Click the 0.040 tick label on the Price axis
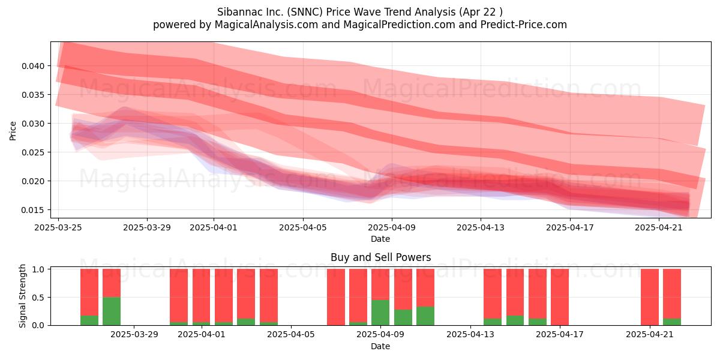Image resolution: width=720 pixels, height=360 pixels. (x=33, y=66)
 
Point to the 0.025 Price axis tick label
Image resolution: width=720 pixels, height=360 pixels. (x=33, y=152)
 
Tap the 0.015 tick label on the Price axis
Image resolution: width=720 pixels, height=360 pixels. (x=33, y=210)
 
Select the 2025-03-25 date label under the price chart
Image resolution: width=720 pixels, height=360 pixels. (x=58, y=227)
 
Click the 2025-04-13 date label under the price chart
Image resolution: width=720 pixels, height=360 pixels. (x=481, y=227)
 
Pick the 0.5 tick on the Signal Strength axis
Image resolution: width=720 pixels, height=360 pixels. (x=39, y=298)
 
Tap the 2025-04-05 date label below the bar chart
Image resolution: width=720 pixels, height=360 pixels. (x=291, y=334)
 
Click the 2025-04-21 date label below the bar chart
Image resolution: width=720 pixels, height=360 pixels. (x=650, y=334)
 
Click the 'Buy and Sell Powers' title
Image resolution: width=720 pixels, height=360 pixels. (x=380, y=257)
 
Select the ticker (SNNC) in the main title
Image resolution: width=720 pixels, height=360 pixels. (x=305, y=12)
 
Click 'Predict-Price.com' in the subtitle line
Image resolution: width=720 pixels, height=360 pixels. (x=523, y=25)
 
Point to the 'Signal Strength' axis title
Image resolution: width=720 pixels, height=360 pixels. (x=22, y=296)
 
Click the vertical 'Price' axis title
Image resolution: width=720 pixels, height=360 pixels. (x=13, y=131)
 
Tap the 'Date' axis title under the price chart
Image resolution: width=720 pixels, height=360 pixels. (x=380, y=239)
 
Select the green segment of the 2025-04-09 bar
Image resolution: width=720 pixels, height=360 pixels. (x=380, y=313)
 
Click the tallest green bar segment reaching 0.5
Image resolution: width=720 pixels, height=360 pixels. (x=112, y=311)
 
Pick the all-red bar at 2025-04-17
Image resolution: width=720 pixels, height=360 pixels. (x=560, y=297)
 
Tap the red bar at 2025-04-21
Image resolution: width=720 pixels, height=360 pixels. (x=650, y=297)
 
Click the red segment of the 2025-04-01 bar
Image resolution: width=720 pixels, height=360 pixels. (x=201, y=296)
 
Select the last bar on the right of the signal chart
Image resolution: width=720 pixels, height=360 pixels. (x=672, y=297)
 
